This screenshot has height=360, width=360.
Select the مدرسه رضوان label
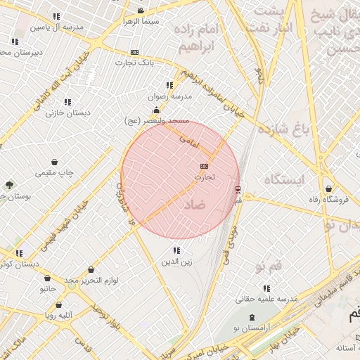click(166, 97)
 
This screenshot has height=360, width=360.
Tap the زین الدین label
click(176, 263)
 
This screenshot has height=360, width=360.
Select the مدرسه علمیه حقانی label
click(266, 300)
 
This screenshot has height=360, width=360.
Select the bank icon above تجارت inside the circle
click(204, 165)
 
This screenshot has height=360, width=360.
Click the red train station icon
click(238, 189)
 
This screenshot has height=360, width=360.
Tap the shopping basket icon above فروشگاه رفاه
click(330, 188)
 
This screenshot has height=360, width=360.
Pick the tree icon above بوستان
click(9, 185)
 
